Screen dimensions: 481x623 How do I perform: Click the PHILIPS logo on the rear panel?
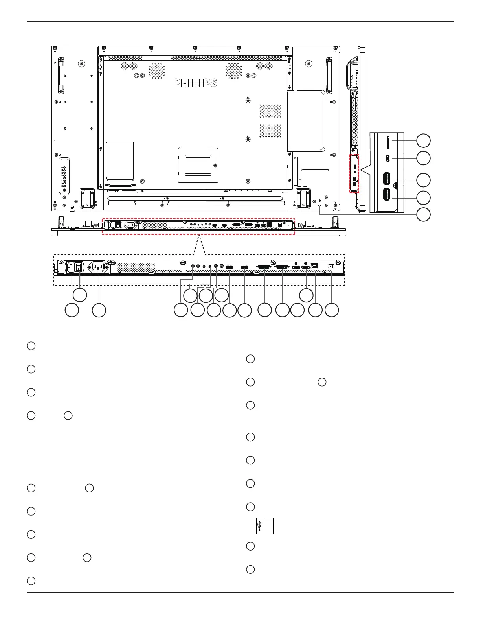pyautogui.click(x=195, y=83)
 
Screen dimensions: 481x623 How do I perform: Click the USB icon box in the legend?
pyautogui.click(x=264, y=526)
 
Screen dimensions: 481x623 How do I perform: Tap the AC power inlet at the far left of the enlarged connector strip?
pyautogui.click(x=71, y=267)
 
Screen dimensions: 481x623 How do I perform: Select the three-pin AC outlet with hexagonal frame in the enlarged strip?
pyautogui.click(x=98, y=267)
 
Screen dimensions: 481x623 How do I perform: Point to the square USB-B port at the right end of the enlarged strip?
pyautogui.click(x=331, y=266)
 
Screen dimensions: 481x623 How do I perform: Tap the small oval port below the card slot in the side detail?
pyautogui.click(x=387, y=158)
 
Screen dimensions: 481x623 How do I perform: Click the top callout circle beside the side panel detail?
pyautogui.click(x=423, y=141)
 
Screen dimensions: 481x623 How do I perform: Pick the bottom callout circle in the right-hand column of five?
pyautogui.click(x=423, y=215)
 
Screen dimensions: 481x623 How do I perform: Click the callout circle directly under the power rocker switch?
pyautogui.click(x=80, y=295)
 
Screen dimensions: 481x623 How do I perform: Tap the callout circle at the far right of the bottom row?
pyautogui.click(x=332, y=310)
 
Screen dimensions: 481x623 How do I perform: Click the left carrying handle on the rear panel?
pyautogui.click(x=61, y=75)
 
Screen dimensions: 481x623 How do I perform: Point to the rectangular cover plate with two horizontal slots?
pyautogui.click(x=198, y=165)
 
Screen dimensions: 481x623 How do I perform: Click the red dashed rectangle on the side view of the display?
pyautogui.click(x=354, y=173)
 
